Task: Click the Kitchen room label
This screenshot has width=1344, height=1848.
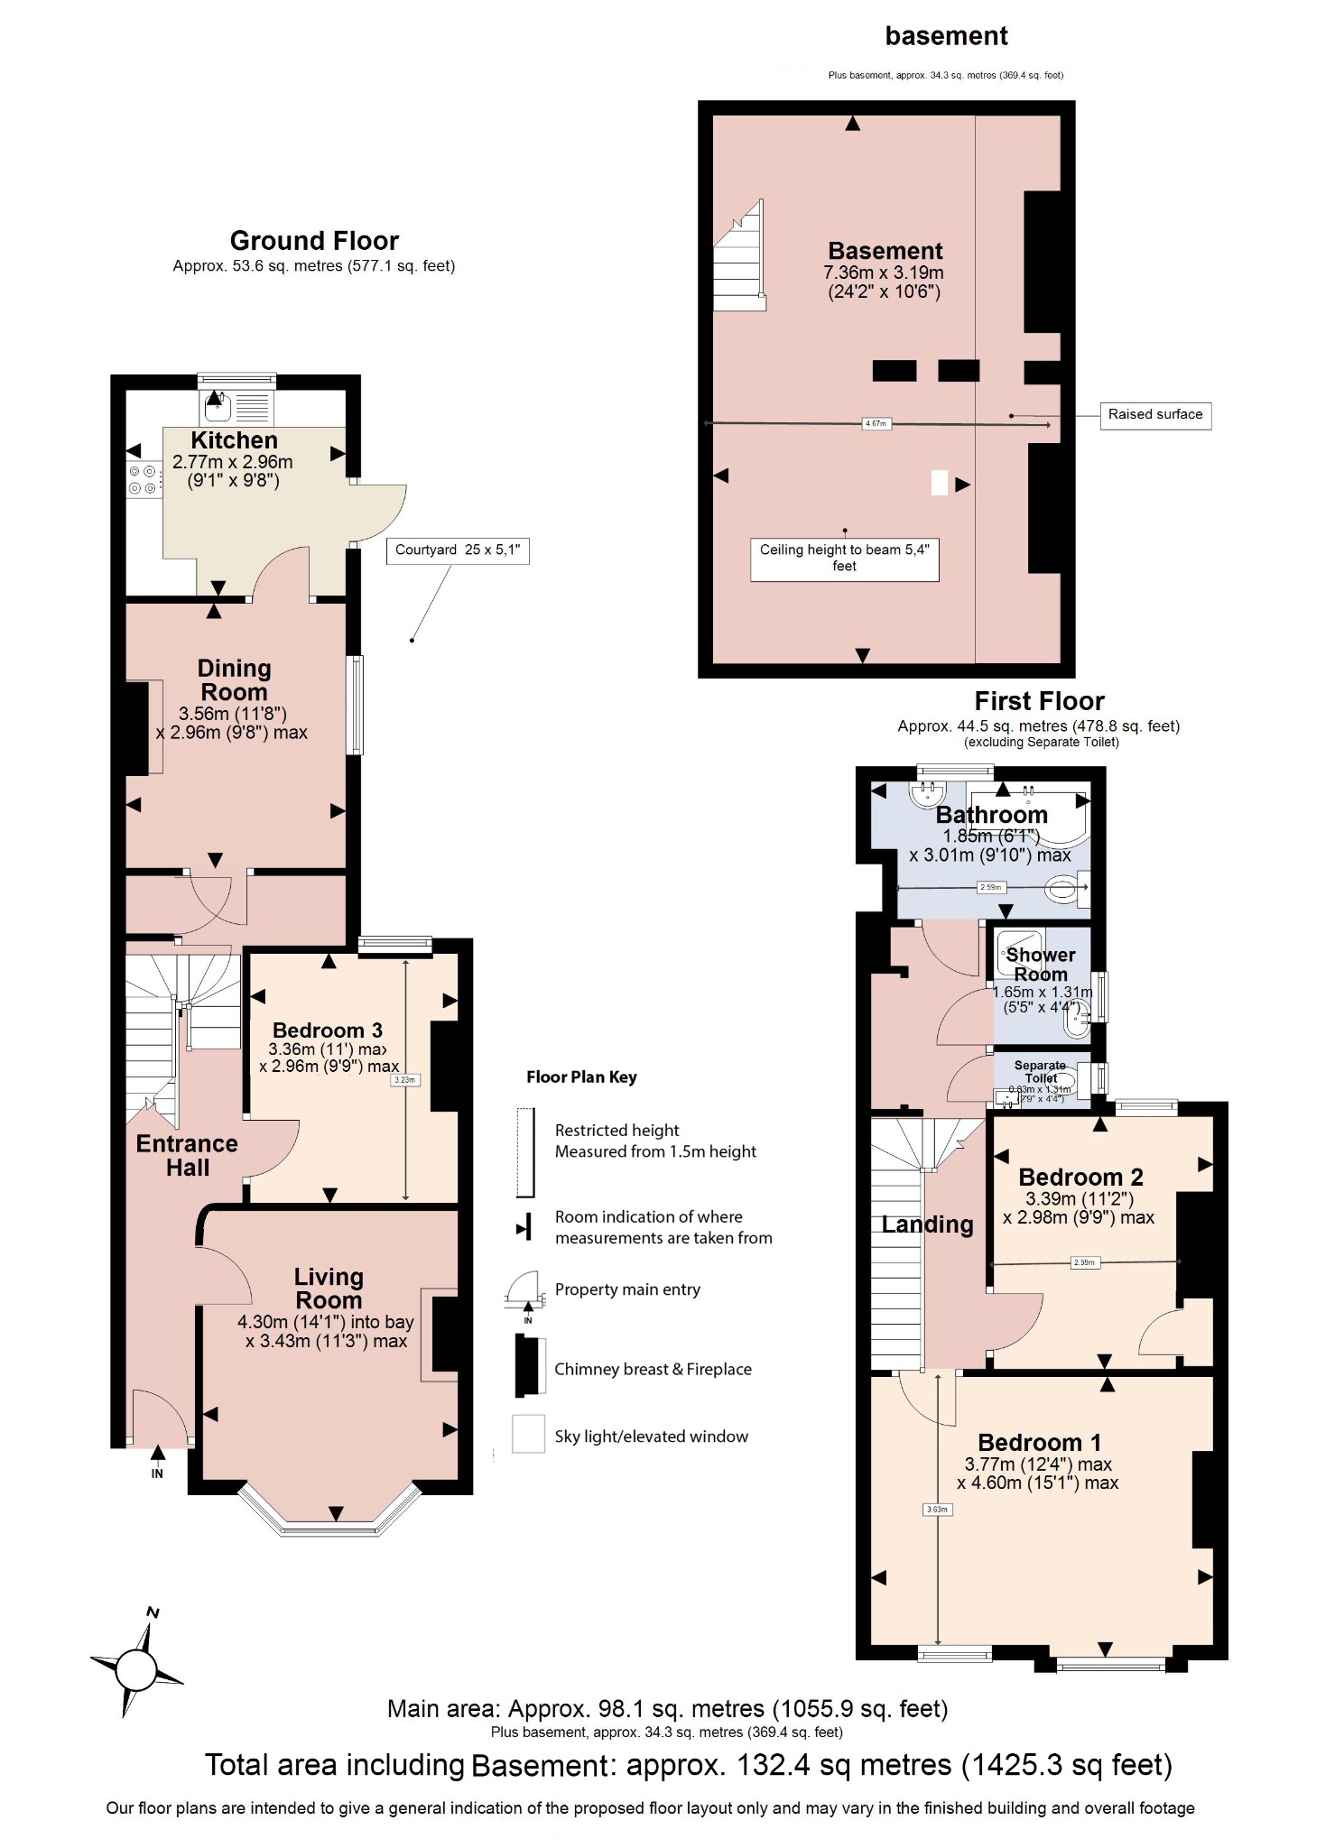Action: tap(234, 440)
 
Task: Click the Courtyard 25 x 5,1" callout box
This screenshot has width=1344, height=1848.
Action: tap(458, 550)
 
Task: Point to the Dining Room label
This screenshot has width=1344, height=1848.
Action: tap(234, 680)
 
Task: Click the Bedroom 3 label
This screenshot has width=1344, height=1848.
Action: tap(328, 1030)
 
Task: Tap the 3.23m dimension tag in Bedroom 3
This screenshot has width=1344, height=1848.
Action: tap(405, 1079)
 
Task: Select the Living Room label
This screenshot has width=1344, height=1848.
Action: tap(329, 1289)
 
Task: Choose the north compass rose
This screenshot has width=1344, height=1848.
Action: tap(137, 1668)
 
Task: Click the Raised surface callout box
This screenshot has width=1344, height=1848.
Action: tap(1154, 415)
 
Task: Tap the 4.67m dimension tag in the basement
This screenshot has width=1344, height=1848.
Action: tap(876, 423)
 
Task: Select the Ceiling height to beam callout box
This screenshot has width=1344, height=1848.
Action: tap(844, 559)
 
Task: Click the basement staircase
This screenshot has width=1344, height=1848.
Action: tap(739, 257)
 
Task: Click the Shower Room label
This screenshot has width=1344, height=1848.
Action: tap(1041, 965)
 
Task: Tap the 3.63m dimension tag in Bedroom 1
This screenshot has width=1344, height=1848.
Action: tap(937, 1509)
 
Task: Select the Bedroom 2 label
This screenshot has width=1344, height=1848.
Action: tap(1080, 1177)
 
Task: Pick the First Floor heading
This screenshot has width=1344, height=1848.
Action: tap(1039, 701)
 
